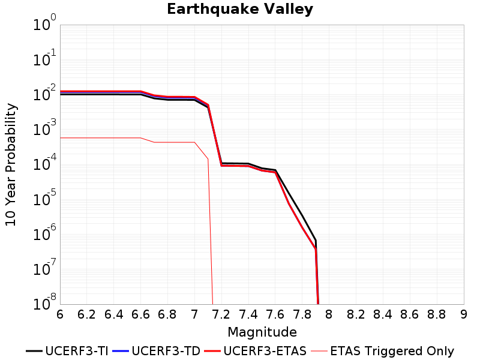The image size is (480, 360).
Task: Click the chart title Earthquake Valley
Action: pyautogui.click(x=240, y=9)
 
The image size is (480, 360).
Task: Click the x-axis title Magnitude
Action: pyautogui.click(x=262, y=332)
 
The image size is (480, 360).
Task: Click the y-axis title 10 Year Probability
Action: pyautogui.click(x=11, y=164)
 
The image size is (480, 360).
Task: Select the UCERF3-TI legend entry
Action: pyautogui.click(x=67, y=351)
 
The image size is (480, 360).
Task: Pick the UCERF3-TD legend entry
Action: pyautogui.click(x=157, y=351)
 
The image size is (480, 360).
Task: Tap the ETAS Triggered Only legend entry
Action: pyautogui.click(x=382, y=351)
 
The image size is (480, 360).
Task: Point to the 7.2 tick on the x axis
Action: pyautogui.click(x=221, y=314)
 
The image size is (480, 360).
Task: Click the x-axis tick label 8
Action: pyautogui.click(x=329, y=314)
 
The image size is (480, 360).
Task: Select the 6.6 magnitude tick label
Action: pyautogui.click(x=140, y=314)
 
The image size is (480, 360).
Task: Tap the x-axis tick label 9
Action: pyautogui.click(x=463, y=314)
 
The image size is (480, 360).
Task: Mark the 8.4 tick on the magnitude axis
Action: pyautogui.click(x=383, y=314)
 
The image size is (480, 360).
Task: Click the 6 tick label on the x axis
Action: pyautogui.click(x=60, y=314)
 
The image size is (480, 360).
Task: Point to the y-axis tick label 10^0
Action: pyautogui.click(x=44, y=23)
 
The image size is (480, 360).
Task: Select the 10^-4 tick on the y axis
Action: pyautogui.click(x=44, y=163)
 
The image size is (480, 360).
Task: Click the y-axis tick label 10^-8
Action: pyautogui.click(x=44, y=302)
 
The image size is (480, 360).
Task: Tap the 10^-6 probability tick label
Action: pyautogui.click(x=44, y=233)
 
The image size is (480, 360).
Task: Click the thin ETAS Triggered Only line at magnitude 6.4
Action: pyautogui.click(x=114, y=138)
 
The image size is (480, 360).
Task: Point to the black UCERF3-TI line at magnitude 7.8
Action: pyautogui.click(x=302, y=216)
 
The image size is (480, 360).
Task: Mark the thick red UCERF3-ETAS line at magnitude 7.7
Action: pyautogui.click(x=289, y=203)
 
